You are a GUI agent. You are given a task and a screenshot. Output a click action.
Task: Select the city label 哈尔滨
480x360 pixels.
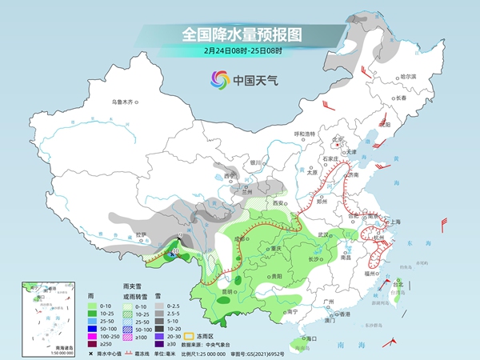point(408,76)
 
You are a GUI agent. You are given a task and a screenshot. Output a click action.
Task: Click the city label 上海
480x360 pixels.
point(392,222)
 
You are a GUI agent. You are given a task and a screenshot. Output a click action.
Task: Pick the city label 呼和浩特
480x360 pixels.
point(305,133)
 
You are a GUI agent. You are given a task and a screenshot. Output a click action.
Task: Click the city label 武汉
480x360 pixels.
point(323,234)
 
